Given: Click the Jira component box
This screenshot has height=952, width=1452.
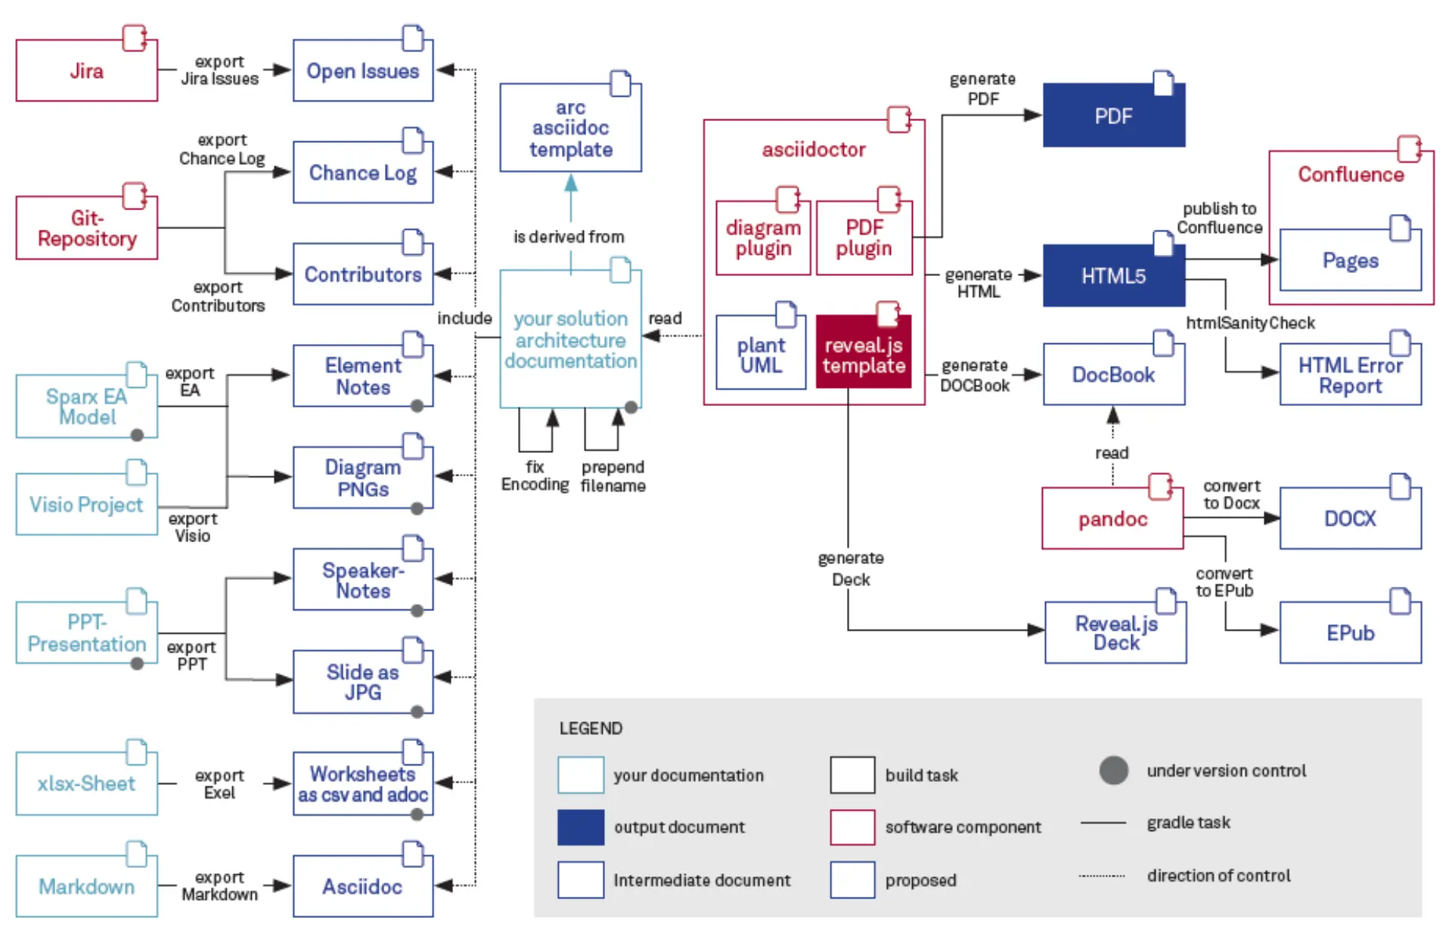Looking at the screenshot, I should click(x=86, y=70).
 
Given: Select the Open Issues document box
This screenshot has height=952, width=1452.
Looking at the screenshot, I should click(x=362, y=71).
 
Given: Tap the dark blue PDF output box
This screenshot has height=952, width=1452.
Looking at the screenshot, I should click(x=1113, y=116).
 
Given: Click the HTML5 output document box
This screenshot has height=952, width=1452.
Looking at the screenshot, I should click(x=1113, y=276).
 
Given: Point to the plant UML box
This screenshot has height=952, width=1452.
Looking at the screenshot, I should click(x=761, y=355).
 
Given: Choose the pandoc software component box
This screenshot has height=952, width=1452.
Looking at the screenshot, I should click(x=1112, y=519).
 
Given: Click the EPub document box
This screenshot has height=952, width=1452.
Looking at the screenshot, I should click(x=1350, y=633).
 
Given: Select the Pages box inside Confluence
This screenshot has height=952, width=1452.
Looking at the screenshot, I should click(x=1350, y=261).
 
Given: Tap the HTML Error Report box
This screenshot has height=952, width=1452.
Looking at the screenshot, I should click(x=1350, y=376).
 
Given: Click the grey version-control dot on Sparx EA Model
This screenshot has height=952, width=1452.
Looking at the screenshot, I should click(x=137, y=435).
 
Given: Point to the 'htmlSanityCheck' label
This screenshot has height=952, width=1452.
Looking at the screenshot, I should click(x=1249, y=323).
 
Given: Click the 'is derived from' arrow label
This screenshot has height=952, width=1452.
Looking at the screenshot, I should click(x=569, y=237).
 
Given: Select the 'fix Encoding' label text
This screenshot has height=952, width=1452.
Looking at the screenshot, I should click(x=535, y=476).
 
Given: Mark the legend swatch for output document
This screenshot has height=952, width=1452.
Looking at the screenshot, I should click(x=581, y=826).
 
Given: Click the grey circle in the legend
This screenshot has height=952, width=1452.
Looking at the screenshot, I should click(x=1113, y=771).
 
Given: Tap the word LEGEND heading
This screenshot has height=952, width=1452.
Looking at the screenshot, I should click(x=591, y=728).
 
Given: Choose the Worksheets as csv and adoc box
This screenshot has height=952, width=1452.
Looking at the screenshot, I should click(x=362, y=784).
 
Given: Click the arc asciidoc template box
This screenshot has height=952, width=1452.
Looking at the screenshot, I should click(x=570, y=129).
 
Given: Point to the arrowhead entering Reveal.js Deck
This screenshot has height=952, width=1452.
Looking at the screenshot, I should click(x=1035, y=629).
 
